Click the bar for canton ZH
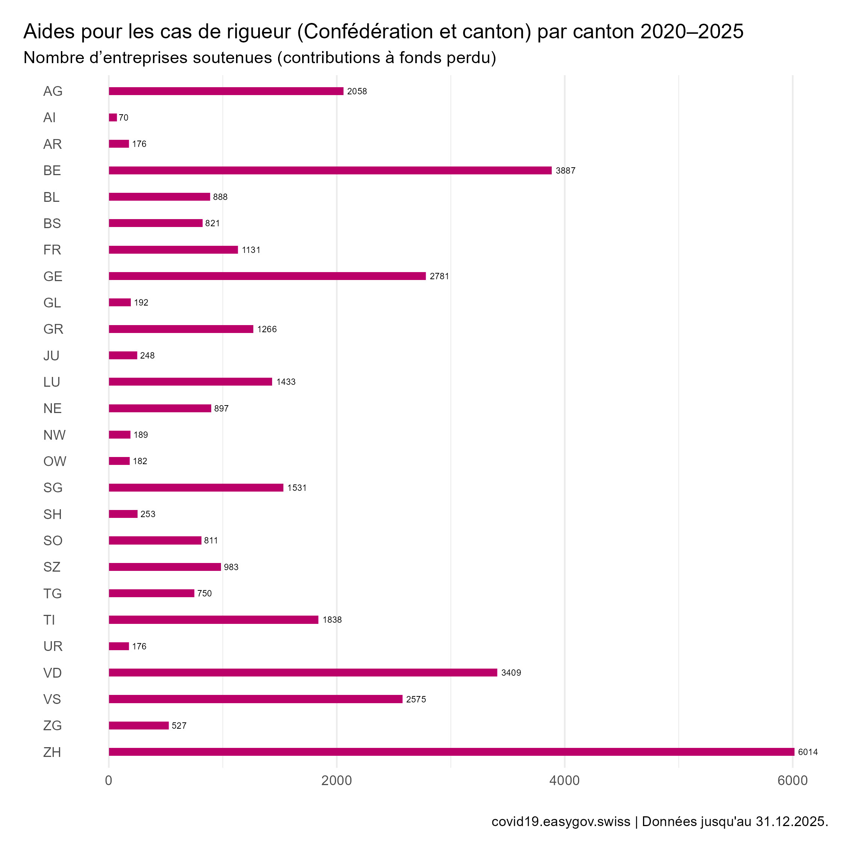(x=451, y=752)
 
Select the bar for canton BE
(x=330, y=171)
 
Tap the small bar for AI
(x=113, y=118)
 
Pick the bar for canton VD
(x=303, y=672)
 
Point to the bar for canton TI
(x=213, y=620)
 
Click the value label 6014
(x=808, y=752)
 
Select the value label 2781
(x=439, y=277)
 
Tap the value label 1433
(x=286, y=382)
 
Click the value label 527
(x=179, y=725)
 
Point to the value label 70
(x=124, y=118)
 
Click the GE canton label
(x=53, y=277)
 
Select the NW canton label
(x=54, y=435)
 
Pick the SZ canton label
(x=52, y=567)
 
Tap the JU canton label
(x=51, y=356)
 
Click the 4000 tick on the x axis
(x=564, y=781)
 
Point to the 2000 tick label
(x=336, y=781)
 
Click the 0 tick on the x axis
(x=109, y=781)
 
